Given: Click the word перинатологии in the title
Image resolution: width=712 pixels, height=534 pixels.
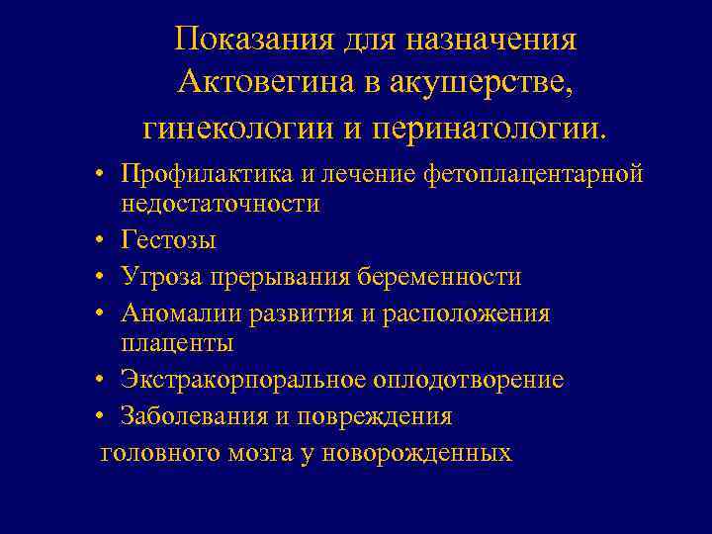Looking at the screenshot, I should (x=479, y=127).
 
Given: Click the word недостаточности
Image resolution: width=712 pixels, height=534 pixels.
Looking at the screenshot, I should (x=221, y=204).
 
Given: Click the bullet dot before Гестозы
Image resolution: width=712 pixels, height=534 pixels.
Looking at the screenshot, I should (x=103, y=240).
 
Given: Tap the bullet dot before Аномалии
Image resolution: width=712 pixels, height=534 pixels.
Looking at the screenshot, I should (x=103, y=313).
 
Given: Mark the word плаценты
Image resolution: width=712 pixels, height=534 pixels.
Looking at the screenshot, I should (x=177, y=343).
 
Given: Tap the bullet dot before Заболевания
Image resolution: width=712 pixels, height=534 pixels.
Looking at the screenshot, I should (x=103, y=416).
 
